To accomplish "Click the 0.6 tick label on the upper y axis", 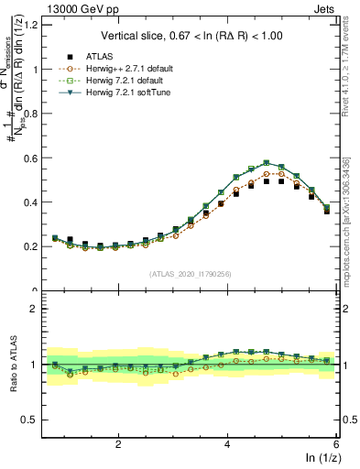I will (31, 158).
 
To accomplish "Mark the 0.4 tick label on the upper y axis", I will (31, 202).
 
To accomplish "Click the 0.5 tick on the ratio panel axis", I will (31, 420).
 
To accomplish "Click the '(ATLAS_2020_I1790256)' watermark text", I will (191, 274).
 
